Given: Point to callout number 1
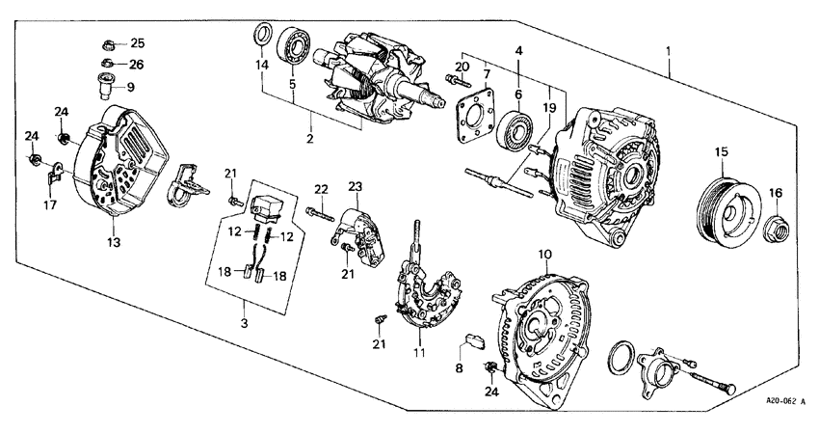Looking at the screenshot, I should click(x=669, y=49).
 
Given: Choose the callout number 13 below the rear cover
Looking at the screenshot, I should click(x=114, y=243).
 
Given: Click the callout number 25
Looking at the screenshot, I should click(x=136, y=43).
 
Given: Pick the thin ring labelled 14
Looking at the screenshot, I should click(x=261, y=38).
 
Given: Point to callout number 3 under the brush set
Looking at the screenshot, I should click(x=245, y=324).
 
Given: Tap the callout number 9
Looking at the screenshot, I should click(x=131, y=86).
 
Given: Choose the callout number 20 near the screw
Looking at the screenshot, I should click(x=462, y=66).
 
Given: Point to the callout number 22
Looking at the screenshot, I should click(x=321, y=187).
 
